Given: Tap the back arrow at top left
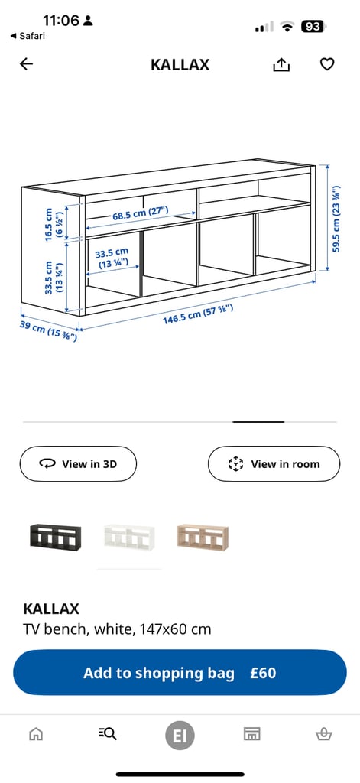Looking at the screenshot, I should tap(27, 65).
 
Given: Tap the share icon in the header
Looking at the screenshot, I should tap(281, 65).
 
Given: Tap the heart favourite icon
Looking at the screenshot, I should tap(327, 65).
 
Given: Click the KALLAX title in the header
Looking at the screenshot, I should tap(180, 65).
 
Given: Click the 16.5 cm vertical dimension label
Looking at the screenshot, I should tap(54, 225).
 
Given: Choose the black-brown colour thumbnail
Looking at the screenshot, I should tap(54, 538).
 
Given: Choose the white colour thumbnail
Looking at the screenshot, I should tap(128, 538).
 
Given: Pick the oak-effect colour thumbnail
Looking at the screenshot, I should tap(203, 538).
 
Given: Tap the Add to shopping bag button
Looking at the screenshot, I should tap(180, 673).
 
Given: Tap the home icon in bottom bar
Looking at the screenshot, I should tap(36, 735).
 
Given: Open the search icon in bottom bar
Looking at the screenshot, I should tap(108, 735).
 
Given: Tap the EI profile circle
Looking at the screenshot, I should tap(180, 736).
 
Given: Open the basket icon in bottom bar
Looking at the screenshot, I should tap(323, 735).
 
